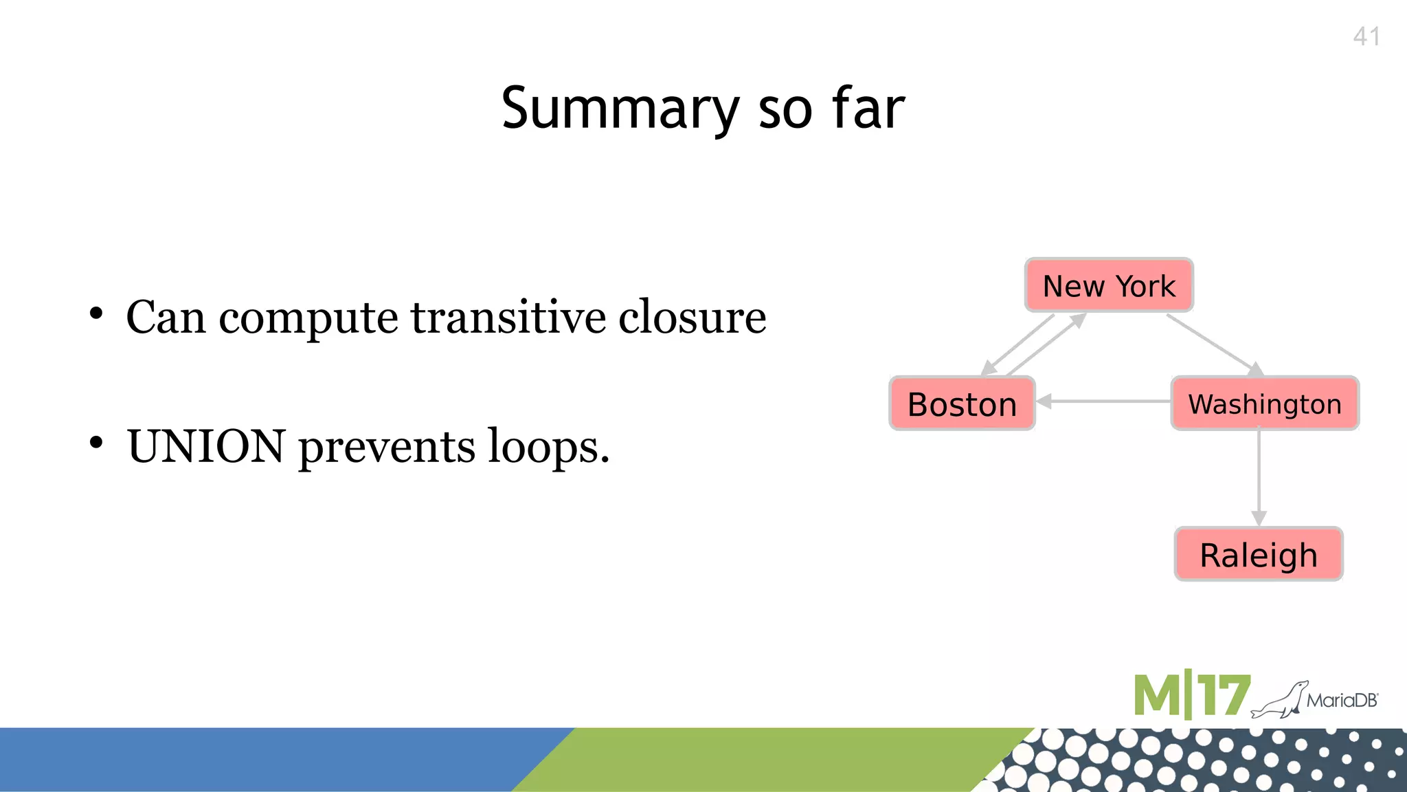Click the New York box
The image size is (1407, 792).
click(x=1109, y=285)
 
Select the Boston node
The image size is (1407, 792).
click(x=962, y=404)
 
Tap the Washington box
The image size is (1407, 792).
click(x=1265, y=404)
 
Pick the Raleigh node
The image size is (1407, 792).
click(x=1259, y=555)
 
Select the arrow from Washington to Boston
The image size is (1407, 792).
click(x=1103, y=401)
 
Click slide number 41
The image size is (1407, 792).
click(x=1366, y=36)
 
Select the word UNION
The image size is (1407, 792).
click(x=206, y=447)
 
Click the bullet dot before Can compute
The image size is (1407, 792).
click(x=96, y=314)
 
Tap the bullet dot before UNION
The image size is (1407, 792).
click(x=96, y=443)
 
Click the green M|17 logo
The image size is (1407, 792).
click(x=1191, y=696)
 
